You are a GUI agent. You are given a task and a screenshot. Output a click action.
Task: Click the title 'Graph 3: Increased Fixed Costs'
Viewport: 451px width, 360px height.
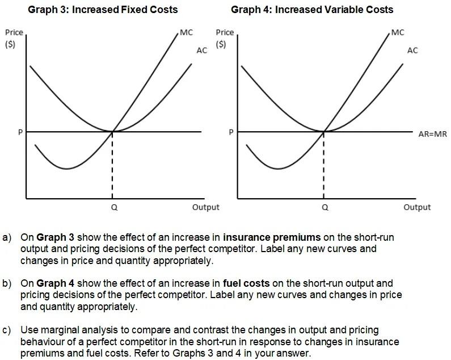pyautogui.click(x=103, y=10)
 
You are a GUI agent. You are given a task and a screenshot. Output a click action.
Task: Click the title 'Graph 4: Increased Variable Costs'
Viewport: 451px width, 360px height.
pyautogui.click(x=312, y=10)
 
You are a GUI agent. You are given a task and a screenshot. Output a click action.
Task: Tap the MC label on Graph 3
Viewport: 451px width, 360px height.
pyautogui.click(x=186, y=32)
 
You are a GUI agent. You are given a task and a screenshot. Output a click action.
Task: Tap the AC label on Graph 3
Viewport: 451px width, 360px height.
pyautogui.click(x=201, y=51)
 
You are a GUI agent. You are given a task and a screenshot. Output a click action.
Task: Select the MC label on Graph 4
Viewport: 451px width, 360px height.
pyautogui.click(x=398, y=32)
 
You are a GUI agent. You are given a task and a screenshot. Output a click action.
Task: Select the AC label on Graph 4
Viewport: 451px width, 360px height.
pyautogui.click(x=412, y=51)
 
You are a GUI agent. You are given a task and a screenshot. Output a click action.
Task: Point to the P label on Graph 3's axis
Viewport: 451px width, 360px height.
pyautogui.click(x=20, y=132)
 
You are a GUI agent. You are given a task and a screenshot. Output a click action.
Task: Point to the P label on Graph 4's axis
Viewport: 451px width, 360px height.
pyautogui.click(x=231, y=132)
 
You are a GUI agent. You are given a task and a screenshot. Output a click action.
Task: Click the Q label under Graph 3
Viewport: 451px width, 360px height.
pyautogui.click(x=114, y=208)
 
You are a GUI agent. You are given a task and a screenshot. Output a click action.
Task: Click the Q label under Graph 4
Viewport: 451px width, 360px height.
pyautogui.click(x=324, y=208)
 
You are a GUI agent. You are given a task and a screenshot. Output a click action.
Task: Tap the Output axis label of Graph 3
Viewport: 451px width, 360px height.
pyautogui.click(x=205, y=207)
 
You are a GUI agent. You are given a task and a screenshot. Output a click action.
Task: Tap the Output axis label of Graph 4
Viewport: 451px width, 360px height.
pyautogui.click(x=417, y=207)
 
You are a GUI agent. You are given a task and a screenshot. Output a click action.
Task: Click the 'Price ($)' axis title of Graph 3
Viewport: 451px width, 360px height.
pyautogui.click(x=14, y=38)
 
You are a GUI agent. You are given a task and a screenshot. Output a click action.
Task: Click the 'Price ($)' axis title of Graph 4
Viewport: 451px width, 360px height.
pyautogui.click(x=225, y=38)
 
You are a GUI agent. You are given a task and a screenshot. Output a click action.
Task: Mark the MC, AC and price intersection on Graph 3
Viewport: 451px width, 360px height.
pyautogui.click(x=112, y=131)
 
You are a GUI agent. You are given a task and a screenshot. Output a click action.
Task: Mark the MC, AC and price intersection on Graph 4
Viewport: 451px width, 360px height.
pyautogui.click(x=323, y=131)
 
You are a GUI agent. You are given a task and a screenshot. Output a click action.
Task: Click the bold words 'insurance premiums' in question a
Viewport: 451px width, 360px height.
pyautogui.click(x=272, y=237)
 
